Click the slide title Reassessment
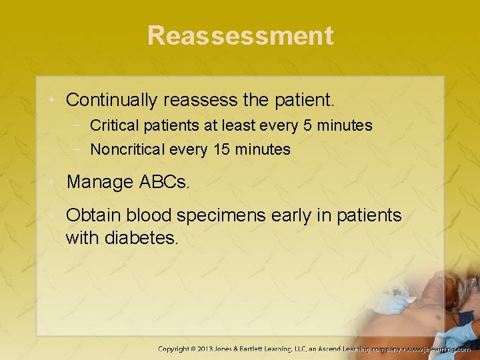[x=240, y=35]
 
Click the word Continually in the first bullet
[x=111, y=101]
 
